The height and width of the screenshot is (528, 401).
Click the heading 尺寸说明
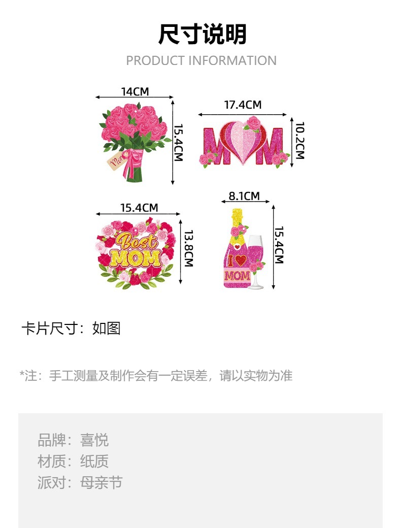coord(202,35)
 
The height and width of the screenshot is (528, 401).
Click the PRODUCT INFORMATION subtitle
coord(201,60)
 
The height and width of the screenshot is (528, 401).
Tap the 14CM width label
coord(135,91)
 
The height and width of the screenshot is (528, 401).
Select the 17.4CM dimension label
coord(243,105)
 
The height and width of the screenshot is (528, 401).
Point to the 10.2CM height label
coord(299,140)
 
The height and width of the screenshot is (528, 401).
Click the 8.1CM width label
coord(244,196)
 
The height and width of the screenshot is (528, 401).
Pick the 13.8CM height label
coord(188,249)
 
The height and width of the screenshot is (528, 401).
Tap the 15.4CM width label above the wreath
coord(139,208)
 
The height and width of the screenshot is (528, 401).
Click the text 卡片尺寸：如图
coord(71,328)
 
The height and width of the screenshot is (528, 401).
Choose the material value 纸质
coord(94,461)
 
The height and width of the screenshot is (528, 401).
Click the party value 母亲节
coord(102,482)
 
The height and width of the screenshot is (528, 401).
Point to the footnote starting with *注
coord(156,376)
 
